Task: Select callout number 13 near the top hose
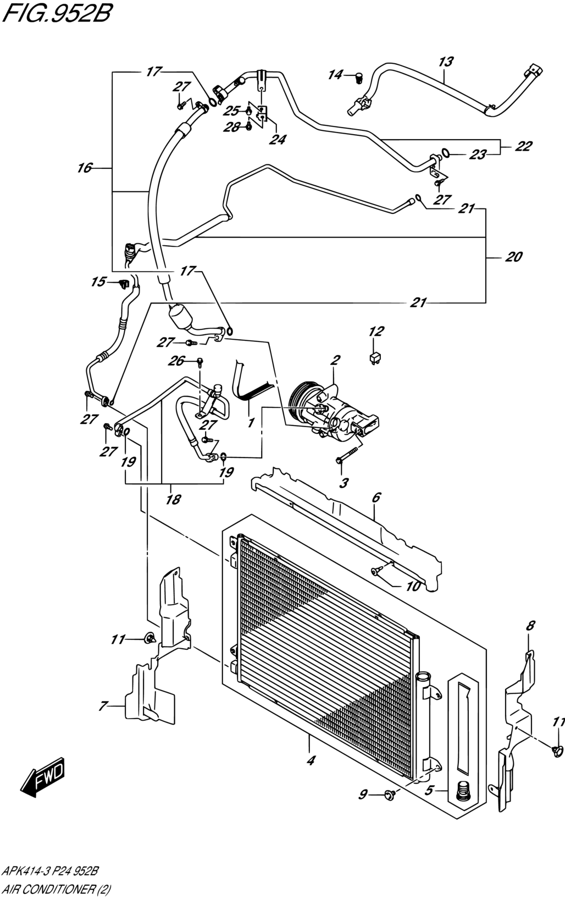[446, 62]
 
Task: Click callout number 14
[335, 75]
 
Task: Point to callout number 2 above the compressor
[335, 360]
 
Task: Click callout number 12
[376, 331]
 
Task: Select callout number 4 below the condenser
[311, 760]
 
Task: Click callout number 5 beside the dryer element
[429, 790]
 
